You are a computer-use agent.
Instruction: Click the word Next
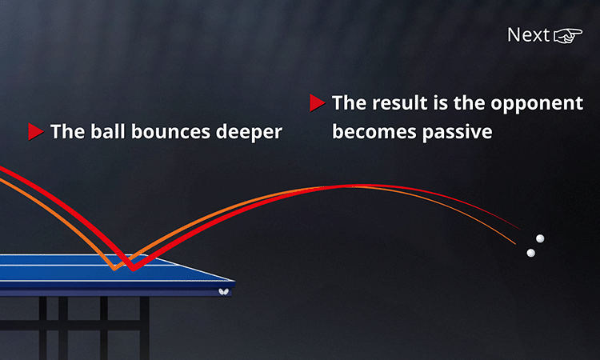coord(529,35)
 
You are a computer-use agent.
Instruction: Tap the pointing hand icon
coord(568,35)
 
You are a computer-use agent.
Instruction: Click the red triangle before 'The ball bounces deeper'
coord(35,132)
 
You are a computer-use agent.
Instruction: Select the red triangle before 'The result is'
coord(318,103)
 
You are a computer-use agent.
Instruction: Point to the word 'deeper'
coord(249,133)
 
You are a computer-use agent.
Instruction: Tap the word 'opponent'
coord(537,104)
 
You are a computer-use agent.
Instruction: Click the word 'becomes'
coord(374,132)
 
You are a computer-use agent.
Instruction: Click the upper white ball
coord(540,238)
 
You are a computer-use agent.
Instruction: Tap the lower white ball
coord(530,253)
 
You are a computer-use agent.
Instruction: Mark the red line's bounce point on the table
coord(133,270)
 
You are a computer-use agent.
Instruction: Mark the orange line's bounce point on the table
coord(114,269)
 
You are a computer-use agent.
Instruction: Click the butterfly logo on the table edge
coord(223,292)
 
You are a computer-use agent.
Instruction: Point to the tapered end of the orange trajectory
coord(515,244)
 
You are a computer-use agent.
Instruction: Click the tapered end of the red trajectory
coord(520,229)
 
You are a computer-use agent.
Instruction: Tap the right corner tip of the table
coord(234,282)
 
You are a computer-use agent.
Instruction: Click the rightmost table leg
coord(144,328)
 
